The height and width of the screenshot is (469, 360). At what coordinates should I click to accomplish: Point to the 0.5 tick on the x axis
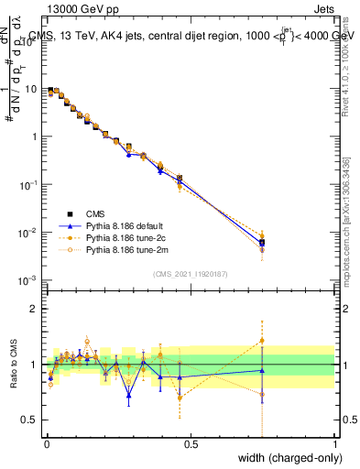click(x=191, y=443)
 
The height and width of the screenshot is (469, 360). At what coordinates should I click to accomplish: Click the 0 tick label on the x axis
click(x=47, y=443)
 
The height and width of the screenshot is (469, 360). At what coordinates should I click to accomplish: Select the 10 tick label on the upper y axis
click(x=33, y=90)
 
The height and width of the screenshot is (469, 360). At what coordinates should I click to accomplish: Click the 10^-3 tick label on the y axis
click(x=30, y=280)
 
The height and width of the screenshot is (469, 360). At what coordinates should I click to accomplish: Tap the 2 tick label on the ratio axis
click(x=36, y=309)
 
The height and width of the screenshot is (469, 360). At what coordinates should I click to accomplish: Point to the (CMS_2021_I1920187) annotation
click(x=190, y=273)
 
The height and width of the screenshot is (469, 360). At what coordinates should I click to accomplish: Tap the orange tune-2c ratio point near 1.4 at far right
click(x=262, y=340)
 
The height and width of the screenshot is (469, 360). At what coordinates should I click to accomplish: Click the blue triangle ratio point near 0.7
click(x=129, y=397)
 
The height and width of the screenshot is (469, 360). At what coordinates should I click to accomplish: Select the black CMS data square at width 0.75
click(x=262, y=242)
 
